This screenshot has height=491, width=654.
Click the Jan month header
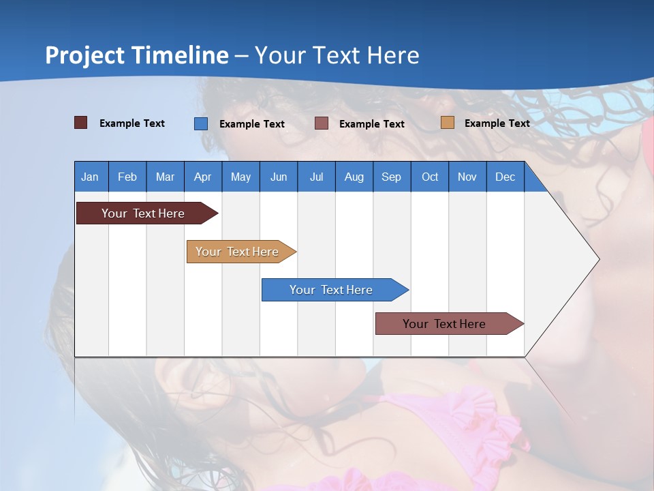pos(90,177)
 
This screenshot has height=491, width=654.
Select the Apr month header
pos(202,177)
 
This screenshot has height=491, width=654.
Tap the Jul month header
pos(316,177)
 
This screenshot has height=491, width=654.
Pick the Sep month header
pos(391,177)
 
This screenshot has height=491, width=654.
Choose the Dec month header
pos(505,177)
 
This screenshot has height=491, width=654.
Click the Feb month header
pos(127,177)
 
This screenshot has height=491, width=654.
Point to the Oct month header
pos(430,177)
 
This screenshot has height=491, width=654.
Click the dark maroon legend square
pos(80,123)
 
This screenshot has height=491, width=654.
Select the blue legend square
pos(201,123)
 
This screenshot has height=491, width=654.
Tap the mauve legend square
pos(322,123)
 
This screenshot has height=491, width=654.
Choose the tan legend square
pos(447,123)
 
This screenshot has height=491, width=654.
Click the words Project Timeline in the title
pos(137,55)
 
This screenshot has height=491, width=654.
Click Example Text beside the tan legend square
pos(497,123)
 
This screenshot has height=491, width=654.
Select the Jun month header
pos(278,177)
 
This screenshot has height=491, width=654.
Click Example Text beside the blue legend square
pos(251,124)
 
